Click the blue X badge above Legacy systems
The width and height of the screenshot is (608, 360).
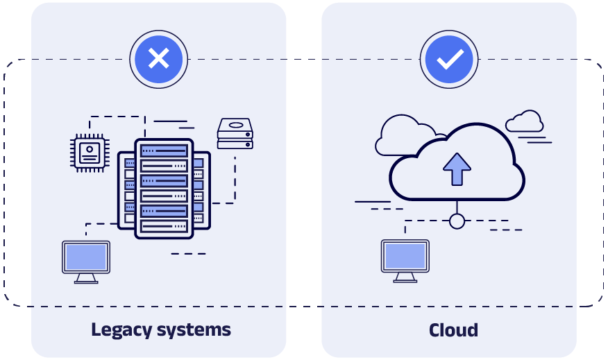click(159, 59)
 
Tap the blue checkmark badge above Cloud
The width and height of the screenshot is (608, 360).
click(449, 59)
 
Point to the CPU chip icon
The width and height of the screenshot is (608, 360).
click(90, 151)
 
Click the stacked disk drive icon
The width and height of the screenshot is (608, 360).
click(235, 134)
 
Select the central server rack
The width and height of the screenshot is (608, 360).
click(164, 188)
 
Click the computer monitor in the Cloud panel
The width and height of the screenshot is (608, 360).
click(405, 256)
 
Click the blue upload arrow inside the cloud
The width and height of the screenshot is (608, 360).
click(457, 169)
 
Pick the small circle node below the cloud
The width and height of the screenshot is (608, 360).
click(457, 221)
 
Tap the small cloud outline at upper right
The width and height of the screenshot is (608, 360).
click(525, 121)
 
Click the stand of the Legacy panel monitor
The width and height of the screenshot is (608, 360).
click(86, 278)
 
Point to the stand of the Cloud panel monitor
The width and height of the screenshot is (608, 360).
click(405, 277)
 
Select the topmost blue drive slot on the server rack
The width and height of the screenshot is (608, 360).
click(164, 151)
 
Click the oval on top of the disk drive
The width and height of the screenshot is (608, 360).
click(236, 126)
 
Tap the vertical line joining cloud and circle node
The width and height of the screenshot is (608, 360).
click(457, 207)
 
